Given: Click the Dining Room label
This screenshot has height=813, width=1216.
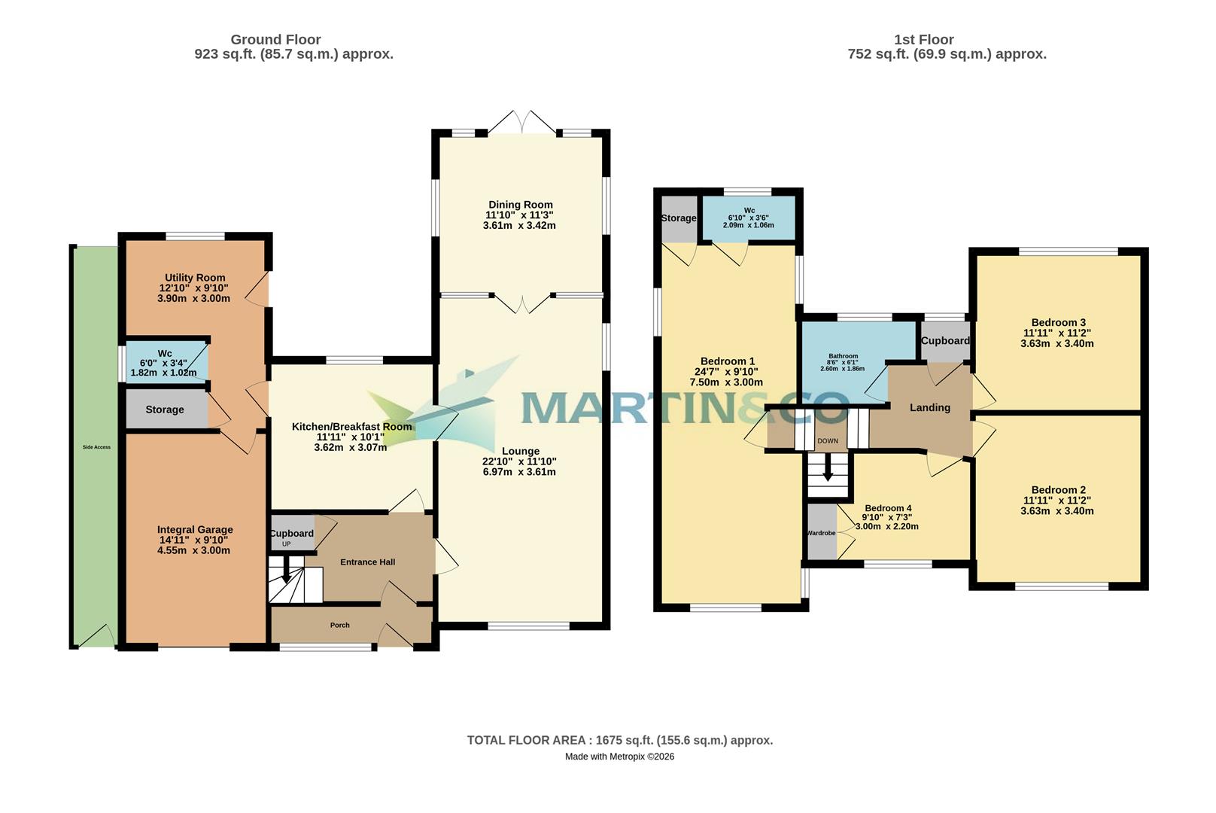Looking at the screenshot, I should click(x=520, y=205).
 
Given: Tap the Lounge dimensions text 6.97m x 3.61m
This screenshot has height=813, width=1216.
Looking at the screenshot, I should click(x=519, y=472).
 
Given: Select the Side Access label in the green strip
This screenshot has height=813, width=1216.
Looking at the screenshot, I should click(x=96, y=447).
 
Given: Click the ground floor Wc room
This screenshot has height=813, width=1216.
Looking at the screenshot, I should click(x=166, y=362).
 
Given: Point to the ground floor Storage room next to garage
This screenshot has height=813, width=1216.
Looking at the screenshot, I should click(x=165, y=410).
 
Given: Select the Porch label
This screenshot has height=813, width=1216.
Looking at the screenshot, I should click(x=339, y=625).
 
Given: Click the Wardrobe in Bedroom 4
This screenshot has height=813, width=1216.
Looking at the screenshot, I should click(x=821, y=533).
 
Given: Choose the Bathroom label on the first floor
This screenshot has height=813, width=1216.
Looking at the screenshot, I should click(x=843, y=356).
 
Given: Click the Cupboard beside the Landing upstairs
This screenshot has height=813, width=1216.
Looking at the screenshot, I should click(x=945, y=340).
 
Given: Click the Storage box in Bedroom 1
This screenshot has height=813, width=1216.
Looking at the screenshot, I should click(x=678, y=218).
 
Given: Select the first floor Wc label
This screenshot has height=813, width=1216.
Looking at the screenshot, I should click(x=749, y=211).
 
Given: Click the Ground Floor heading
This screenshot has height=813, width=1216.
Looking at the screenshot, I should click(x=275, y=39).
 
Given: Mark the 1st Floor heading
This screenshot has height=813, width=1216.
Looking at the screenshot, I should click(x=923, y=39).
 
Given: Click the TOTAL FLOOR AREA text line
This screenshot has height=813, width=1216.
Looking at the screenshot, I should click(x=619, y=740).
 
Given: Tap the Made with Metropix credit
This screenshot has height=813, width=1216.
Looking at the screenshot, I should click(x=619, y=757).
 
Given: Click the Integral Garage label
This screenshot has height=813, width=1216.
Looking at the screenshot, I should click(x=195, y=529).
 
